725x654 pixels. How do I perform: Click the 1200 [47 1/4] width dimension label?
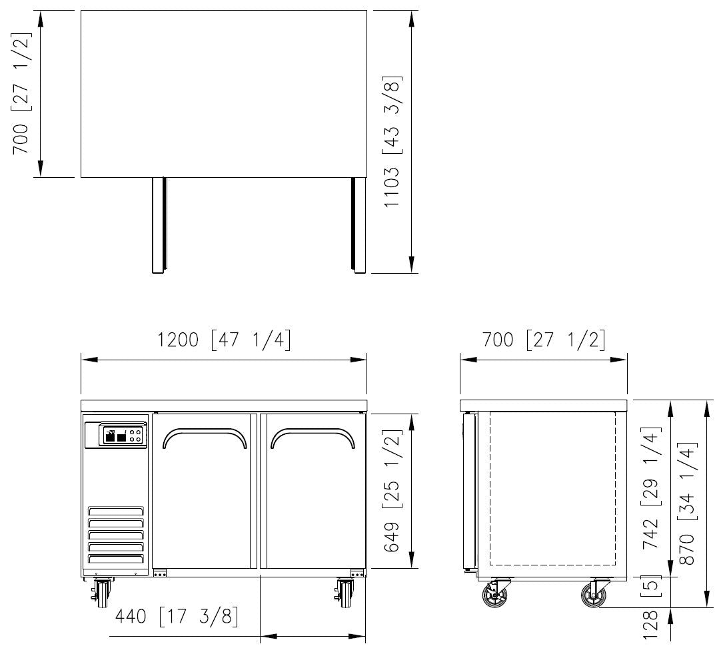coord(224,340)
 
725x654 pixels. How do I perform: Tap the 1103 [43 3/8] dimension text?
coord(392,141)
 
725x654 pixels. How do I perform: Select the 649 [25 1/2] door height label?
coord(392,491)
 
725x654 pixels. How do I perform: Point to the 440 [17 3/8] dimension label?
coord(177,616)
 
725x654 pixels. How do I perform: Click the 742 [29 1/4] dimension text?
coord(651,488)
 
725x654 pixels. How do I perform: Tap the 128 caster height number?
coord(651,625)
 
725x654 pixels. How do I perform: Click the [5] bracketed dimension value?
coord(651,585)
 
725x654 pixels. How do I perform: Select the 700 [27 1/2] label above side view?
coord(544,340)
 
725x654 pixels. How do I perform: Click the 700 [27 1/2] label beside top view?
coord(21,93)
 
